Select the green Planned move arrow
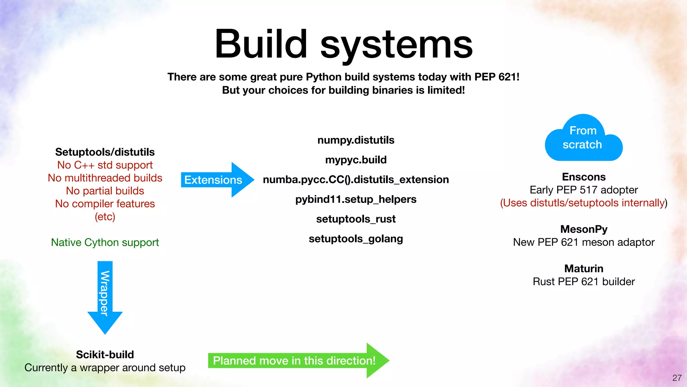click(x=295, y=360)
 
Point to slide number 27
click(x=677, y=378)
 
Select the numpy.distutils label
click(x=356, y=140)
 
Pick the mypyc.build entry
click(x=356, y=160)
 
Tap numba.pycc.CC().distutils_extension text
click(x=356, y=180)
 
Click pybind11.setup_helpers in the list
click(x=356, y=199)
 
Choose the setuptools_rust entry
click(x=356, y=219)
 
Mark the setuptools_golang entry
click(x=356, y=239)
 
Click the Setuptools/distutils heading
click(x=105, y=152)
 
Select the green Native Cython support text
click(x=105, y=242)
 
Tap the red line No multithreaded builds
click(x=105, y=178)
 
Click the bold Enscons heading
click(x=584, y=177)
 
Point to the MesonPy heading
click(x=584, y=229)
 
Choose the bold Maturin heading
click(x=584, y=268)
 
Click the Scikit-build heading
click(x=105, y=354)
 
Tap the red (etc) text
click(x=105, y=217)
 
